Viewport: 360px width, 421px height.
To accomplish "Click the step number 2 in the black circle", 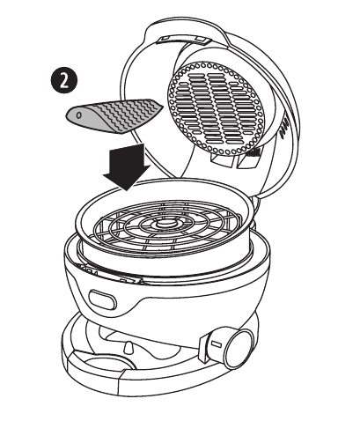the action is [64, 81].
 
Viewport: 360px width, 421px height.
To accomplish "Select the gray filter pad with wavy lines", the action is [114, 115].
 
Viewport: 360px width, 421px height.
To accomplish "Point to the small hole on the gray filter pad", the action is [79, 115].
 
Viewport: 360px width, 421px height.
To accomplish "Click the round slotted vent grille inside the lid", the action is [217, 108].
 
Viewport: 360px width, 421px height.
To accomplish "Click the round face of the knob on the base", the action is [241, 349].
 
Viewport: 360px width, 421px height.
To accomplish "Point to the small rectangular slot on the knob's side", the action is [217, 343].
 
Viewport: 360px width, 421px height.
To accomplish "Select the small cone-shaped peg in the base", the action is [129, 348].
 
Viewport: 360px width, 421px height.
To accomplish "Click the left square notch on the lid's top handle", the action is [165, 39].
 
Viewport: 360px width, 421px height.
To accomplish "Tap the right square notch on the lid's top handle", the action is [200, 39].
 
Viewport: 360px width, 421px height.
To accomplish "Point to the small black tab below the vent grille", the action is [253, 152].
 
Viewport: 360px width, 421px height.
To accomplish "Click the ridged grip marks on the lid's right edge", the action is [284, 128].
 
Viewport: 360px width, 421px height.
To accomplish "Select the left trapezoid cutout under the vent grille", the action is [222, 160].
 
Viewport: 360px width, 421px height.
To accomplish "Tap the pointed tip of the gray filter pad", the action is [161, 107].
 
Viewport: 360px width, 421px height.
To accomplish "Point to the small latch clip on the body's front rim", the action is [129, 280].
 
